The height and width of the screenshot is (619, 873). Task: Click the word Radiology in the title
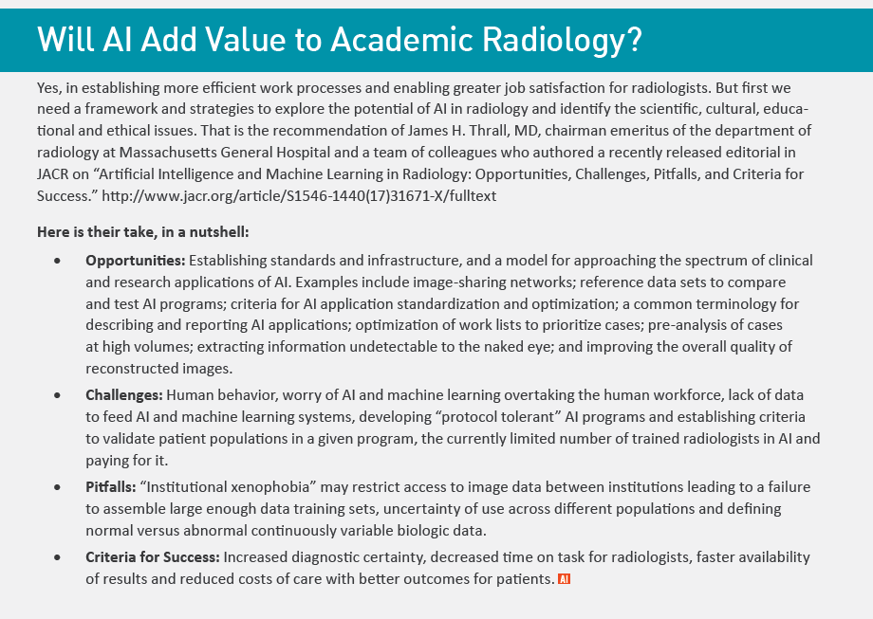[x=558, y=40]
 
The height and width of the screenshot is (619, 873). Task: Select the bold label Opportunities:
[x=136, y=260]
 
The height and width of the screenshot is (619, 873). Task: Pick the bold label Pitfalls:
[x=110, y=487]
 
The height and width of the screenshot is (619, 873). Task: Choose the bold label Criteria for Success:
[x=153, y=557]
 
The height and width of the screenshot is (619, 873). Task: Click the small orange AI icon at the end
[x=564, y=578]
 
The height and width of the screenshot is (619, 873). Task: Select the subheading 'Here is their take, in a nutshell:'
[x=143, y=231]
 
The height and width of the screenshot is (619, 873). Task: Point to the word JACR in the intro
[x=54, y=173]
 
